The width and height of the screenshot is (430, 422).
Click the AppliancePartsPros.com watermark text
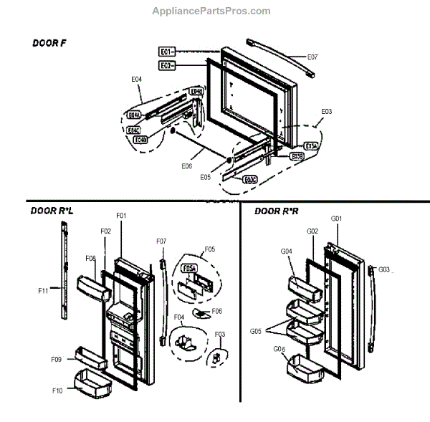[x=211, y=11]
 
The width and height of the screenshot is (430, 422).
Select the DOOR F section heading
[x=49, y=43]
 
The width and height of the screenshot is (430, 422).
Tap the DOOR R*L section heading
[x=52, y=211]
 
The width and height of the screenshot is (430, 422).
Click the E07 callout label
[x=312, y=56]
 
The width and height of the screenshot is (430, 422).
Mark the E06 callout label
[x=186, y=166]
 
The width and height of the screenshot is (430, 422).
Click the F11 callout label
[x=43, y=291]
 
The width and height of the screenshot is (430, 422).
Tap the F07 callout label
[x=161, y=241]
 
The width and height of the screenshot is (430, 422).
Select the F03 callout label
[x=220, y=334]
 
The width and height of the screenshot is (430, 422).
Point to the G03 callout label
[x=383, y=269]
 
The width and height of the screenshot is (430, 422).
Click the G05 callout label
[x=254, y=332]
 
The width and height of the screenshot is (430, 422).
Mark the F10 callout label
[x=58, y=390]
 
